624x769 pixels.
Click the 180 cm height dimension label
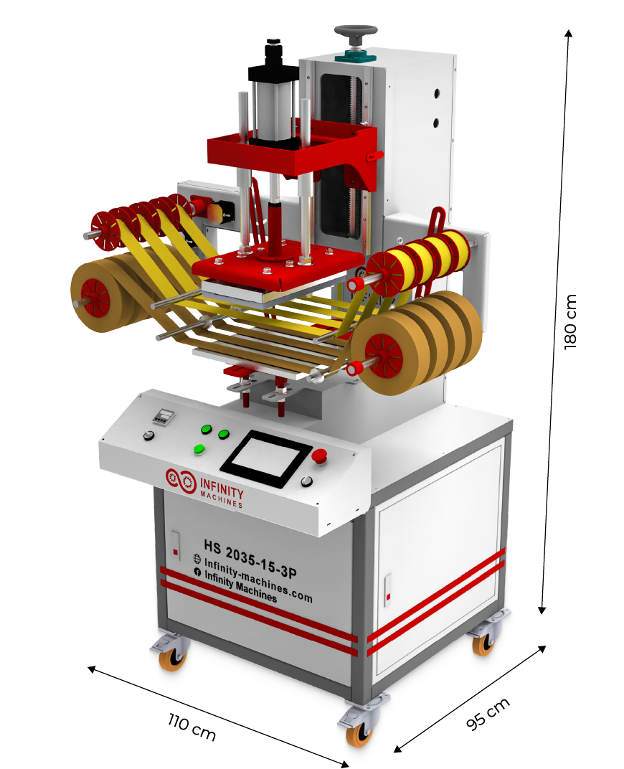click(x=570, y=321)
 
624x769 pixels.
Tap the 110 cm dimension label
click(x=192, y=727)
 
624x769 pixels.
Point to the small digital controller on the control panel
click(x=164, y=416)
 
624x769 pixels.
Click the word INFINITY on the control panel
click(x=222, y=488)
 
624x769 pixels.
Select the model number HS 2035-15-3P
click(x=250, y=559)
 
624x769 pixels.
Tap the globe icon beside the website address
click(x=197, y=558)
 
